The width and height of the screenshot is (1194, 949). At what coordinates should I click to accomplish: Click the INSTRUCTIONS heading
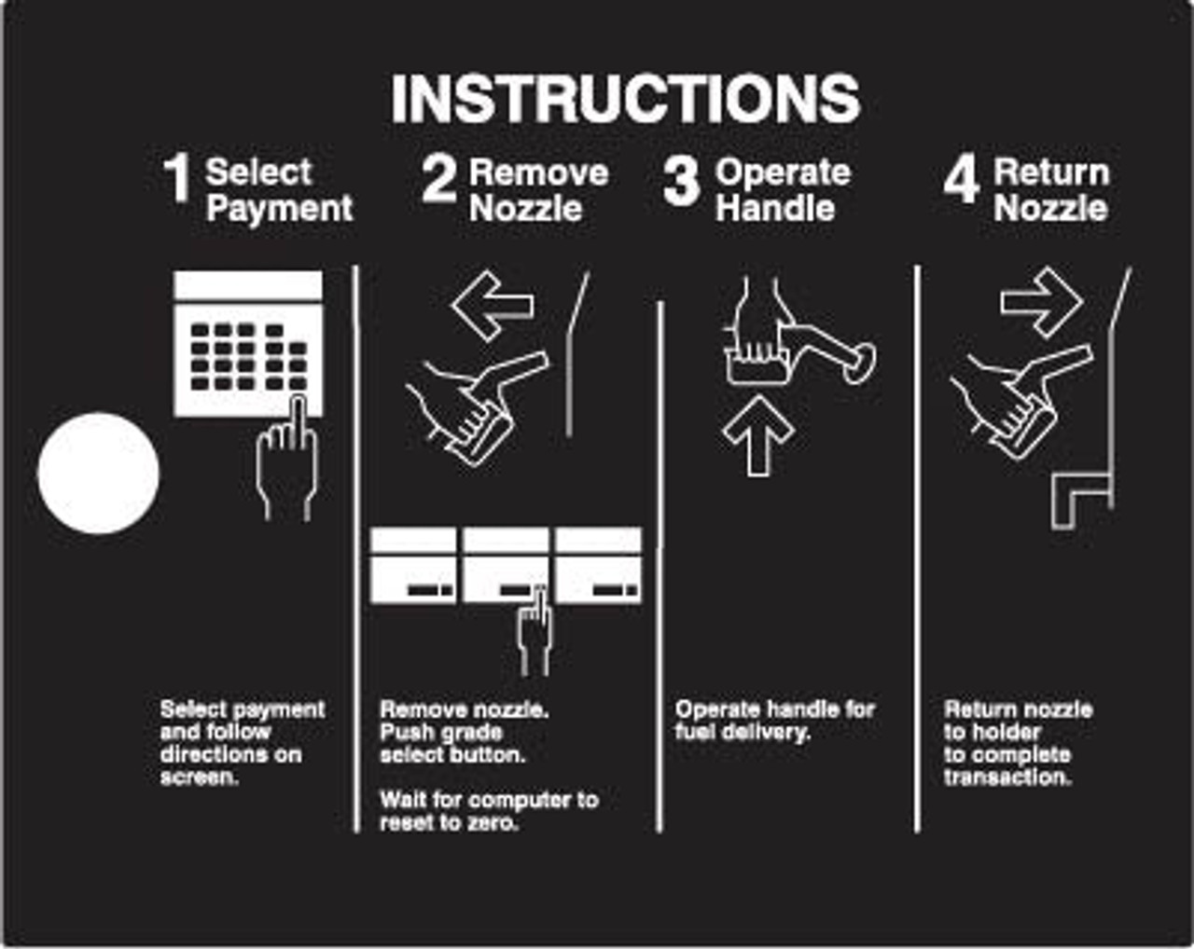(x=626, y=100)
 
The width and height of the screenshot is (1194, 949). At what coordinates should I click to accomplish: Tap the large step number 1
(x=177, y=179)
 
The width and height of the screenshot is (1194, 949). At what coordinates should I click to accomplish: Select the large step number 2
(x=438, y=179)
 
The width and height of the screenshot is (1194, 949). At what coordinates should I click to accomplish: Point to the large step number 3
(x=681, y=182)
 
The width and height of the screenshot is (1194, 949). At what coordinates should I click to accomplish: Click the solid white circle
(x=99, y=474)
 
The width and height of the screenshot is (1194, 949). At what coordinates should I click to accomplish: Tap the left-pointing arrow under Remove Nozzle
(x=493, y=306)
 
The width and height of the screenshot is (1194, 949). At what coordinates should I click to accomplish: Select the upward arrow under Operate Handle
(x=758, y=436)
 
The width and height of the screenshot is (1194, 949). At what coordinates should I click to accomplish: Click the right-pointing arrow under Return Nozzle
(x=1041, y=303)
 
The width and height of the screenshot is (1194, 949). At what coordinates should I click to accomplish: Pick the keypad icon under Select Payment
(x=248, y=343)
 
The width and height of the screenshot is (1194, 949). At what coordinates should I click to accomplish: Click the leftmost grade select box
(x=413, y=565)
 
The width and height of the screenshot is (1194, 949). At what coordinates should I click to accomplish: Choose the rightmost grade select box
(x=599, y=565)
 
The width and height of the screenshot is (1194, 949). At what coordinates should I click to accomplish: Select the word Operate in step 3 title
(x=783, y=173)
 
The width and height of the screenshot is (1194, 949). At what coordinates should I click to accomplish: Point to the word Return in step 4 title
(x=1051, y=172)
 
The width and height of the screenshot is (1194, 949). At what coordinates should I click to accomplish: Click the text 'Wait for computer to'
(x=490, y=800)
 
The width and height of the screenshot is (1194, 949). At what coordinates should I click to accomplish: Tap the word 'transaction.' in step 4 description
(x=1007, y=777)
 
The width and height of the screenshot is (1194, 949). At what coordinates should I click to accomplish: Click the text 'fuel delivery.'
(x=743, y=732)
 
